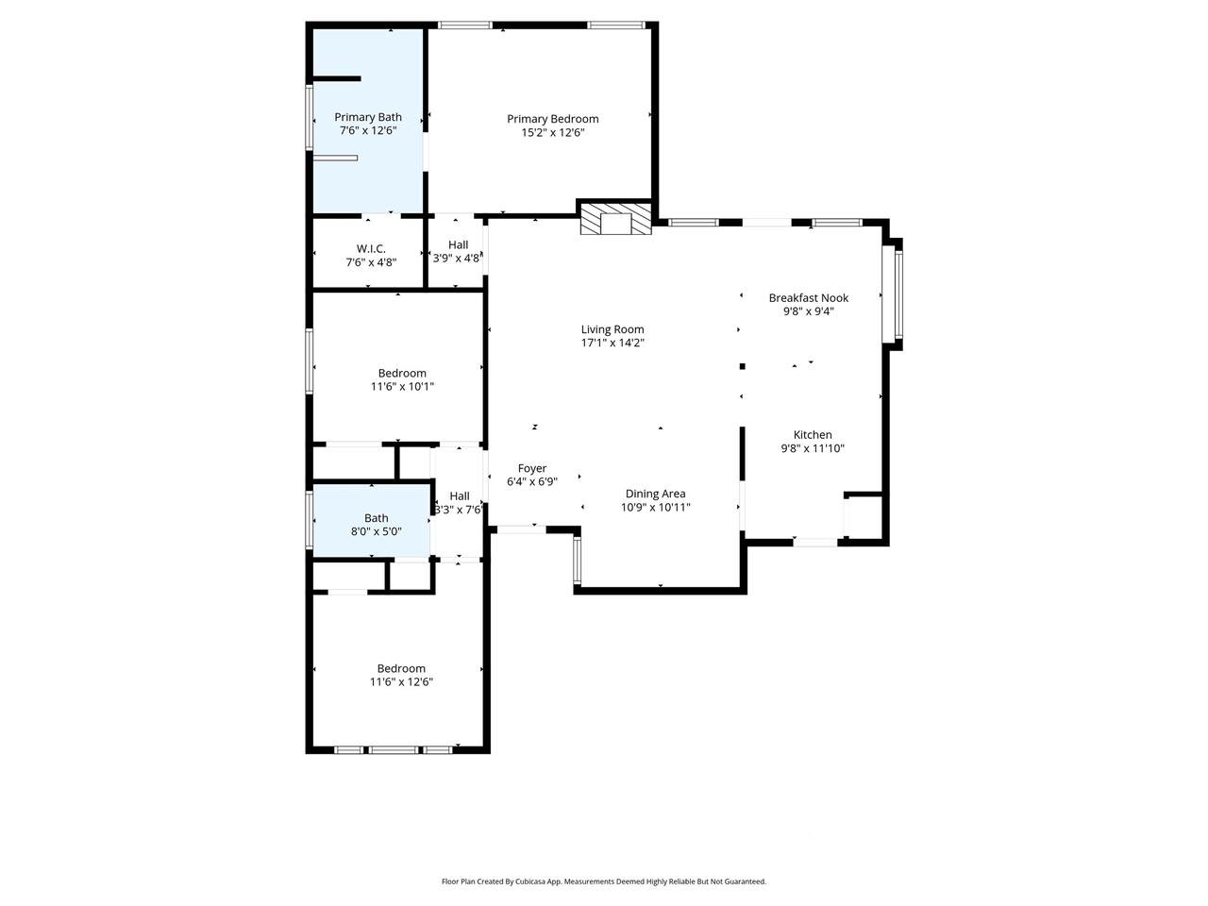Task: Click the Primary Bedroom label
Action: coord(552,119)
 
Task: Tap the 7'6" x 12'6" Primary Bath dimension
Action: coord(368,130)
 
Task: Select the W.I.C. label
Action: coord(371,248)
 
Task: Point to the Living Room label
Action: coord(612,329)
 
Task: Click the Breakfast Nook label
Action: coord(808,297)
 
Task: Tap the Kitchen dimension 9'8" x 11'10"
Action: coord(813,447)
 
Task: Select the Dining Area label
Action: coord(655,494)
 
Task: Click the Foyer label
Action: coord(531,468)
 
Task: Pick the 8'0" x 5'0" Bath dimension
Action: coord(376,530)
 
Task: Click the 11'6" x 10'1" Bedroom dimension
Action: coord(402,386)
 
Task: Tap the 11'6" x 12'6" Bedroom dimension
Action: coord(401,681)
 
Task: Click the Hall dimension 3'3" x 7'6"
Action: coord(459,510)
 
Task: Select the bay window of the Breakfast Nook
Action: coord(892,294)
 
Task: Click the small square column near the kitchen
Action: coord(742,366)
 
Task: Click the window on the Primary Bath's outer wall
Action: coord(310,117)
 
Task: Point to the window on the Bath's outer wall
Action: coord(310,520)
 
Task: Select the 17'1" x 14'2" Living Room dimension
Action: coord(612,343)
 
